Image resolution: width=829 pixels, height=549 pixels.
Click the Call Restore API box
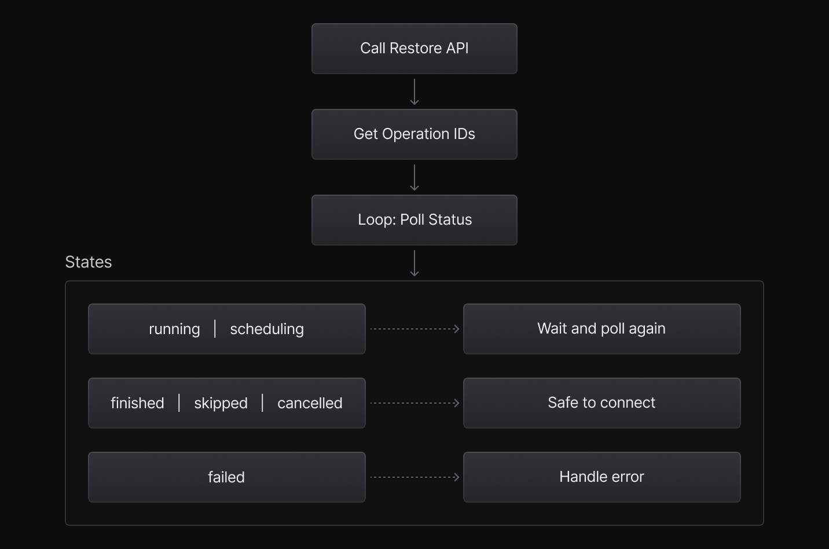point(414,49)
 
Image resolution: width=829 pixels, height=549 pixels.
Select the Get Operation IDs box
point(414,134)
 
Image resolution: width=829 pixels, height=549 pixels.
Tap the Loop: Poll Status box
point(414,220)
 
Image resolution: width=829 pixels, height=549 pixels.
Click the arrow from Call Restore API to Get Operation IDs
point(414,91)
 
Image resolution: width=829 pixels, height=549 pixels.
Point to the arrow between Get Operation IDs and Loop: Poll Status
point(414,177)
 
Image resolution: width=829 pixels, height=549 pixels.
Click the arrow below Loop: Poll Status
point(414,263)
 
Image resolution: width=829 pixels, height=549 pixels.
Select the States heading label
point(89,262)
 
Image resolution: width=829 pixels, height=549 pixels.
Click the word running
point(174,329)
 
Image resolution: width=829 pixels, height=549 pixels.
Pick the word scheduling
point(267,329)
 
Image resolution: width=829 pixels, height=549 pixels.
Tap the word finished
point(137,403)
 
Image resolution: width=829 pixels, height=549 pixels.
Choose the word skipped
point(221,403)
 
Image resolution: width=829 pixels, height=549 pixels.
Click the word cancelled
point(310,403)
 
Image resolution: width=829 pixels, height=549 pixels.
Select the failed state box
point(226,477)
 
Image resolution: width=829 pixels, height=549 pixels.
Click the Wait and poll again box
point(601,329)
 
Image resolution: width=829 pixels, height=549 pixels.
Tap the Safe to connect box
point(601,403)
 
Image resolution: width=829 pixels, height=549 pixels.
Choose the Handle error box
point(601,477)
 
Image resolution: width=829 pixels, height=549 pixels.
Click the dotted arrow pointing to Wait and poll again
point(414,329)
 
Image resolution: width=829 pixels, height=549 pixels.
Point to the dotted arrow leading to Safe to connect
point(414,403)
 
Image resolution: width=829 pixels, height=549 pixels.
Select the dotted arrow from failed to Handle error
point(414,477)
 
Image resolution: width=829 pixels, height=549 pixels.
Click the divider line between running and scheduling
point(215,328)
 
